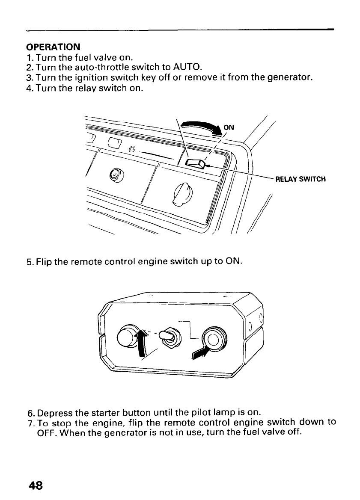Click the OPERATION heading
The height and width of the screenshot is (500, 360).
coord(53,46)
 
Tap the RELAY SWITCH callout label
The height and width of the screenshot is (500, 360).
coord(300,179)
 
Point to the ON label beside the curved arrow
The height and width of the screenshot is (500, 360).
coord(229,127)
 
